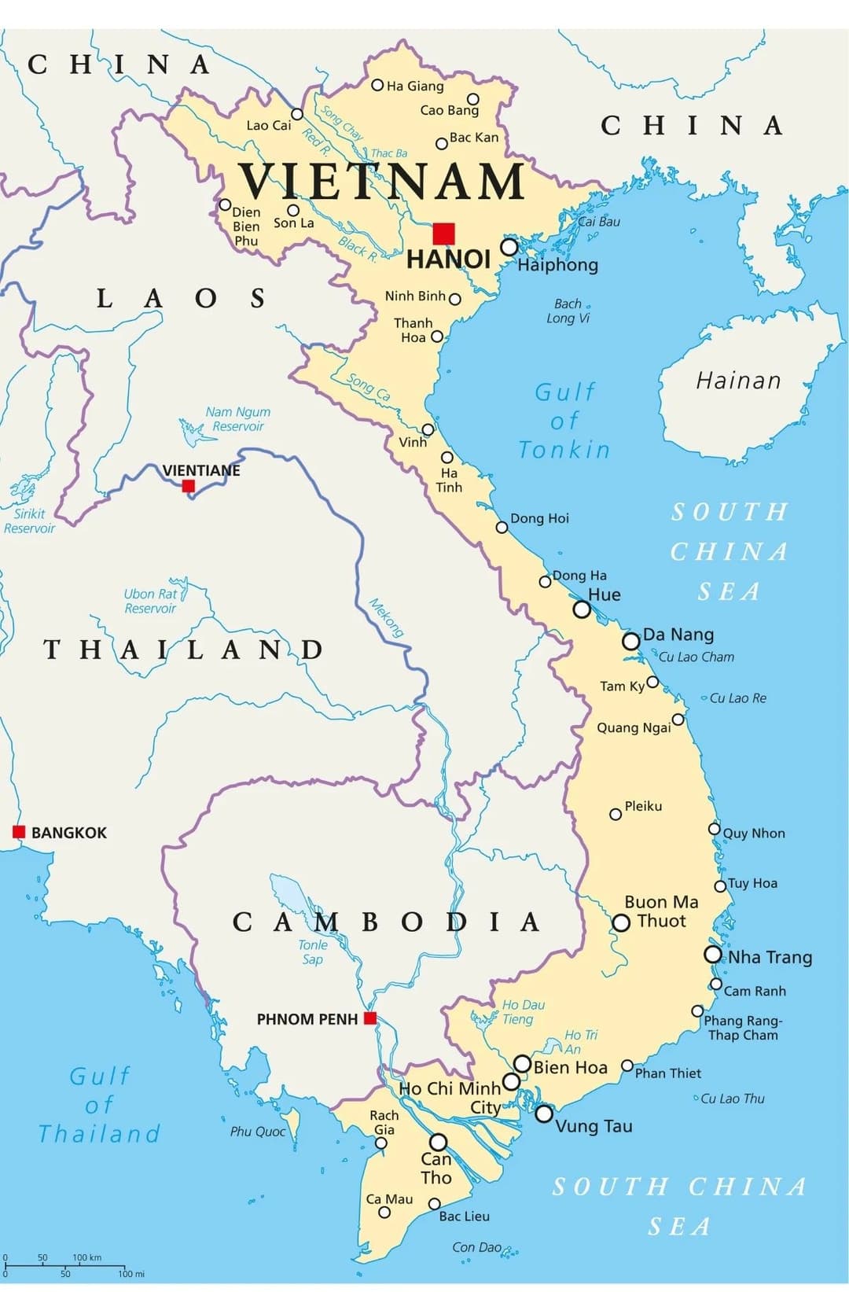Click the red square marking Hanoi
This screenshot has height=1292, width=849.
(443, 234)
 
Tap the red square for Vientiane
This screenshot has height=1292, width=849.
(189, 486)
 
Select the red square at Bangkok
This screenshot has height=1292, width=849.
(19, 832)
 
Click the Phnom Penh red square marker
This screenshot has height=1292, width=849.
(370, 1018)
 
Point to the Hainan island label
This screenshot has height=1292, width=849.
(738, 381)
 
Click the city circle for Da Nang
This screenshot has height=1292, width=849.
(630, 641)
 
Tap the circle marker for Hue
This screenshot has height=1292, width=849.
(582, 609)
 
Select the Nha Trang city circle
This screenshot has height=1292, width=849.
(713, 955)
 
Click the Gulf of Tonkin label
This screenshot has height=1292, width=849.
(564, 421)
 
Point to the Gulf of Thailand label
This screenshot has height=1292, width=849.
(100, 1105)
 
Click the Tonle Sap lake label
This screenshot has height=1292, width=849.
(313, 952)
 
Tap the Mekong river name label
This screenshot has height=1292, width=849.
(386, 618)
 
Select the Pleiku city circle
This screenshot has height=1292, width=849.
(616, 814)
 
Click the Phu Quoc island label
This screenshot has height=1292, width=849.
(258, 1132)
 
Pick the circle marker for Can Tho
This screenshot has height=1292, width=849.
(439, 1142)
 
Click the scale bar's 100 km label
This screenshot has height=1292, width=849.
(86, 1257)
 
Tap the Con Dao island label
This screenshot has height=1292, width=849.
(477, 1247)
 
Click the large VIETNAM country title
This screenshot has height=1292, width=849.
(382, 182)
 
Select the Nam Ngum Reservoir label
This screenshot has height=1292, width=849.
(237, 419)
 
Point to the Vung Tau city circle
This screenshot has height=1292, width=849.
(544, 1113)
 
